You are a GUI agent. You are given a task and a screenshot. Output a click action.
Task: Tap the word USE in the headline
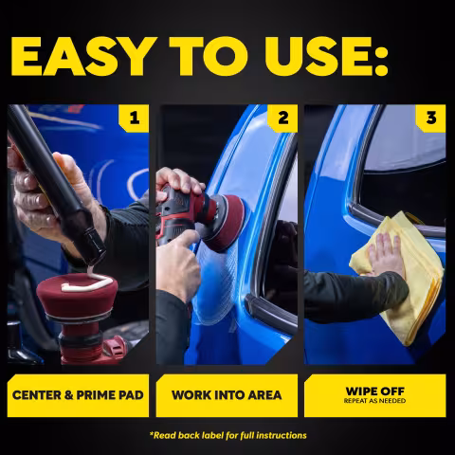[315, 56]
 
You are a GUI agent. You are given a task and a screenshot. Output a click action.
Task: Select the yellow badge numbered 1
[134, 118]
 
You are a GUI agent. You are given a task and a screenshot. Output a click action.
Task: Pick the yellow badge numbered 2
[282, 118]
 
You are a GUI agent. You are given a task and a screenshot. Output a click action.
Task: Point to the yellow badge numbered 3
[430, 118]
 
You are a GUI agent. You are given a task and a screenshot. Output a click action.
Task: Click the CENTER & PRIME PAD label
[78, 395]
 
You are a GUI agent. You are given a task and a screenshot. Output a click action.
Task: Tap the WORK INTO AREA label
[227, 395]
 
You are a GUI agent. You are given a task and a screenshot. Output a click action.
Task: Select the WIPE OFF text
[375, 391]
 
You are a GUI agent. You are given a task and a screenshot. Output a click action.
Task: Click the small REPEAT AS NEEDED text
[375, 401]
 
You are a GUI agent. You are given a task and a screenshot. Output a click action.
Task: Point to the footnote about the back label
[228, 435]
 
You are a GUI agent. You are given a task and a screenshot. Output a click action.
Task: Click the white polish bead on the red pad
[87, 282]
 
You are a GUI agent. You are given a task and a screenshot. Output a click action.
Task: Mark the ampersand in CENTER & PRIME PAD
[69, 395]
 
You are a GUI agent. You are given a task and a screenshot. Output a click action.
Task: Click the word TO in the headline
[209, 56]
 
